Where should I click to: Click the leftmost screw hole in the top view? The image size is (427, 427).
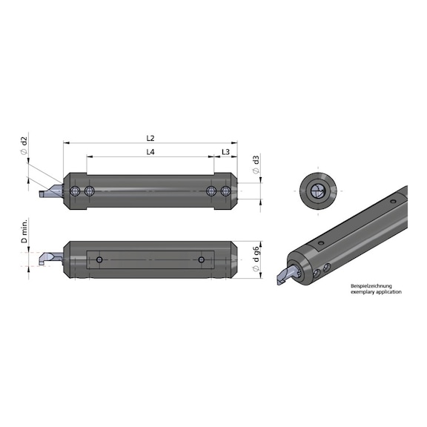pyautogui.click(x=76, y=192)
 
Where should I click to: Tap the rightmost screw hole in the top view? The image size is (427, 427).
pyautogui.click(x=225, y=192)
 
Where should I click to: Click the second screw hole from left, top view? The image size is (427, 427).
pyautogui.click(x=89, y=192)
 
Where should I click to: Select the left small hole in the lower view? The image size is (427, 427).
pyautogui.click(x=99, y=259)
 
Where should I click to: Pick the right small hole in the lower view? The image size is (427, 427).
pyautogui.click(x=201, y=259)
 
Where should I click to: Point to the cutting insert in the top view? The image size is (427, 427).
pyautogui.click(x=49, y=192)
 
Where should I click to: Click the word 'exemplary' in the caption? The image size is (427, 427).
pyautogui.click(x=363, y=292)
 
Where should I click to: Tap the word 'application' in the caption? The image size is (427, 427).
pyautogui.click(x=389, y=292)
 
